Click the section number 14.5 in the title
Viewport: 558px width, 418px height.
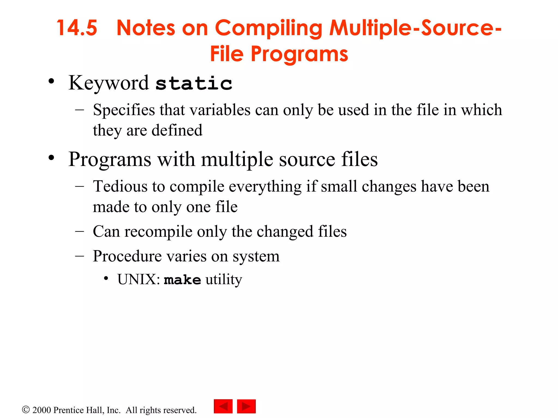pyautogui.click(x=77, y=28)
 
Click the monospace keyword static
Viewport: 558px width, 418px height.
pyautogui.click(x=194, y=83)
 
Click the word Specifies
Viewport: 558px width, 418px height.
pyautogui.click(x=124, y=110)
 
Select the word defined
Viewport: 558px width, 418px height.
pyautogui.click(x=177, y=130)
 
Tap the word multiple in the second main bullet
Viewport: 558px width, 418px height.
pyautogui.click(x=237, y=159)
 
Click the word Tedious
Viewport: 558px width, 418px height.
pyautogui.click(x=120, y=186)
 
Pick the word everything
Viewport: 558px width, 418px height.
pyautogui.click(x=265, y=187)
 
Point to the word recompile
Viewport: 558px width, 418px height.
pyautogui.click(x=158, y=232)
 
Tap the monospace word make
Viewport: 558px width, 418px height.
pyautogui.click(x=182, y=280)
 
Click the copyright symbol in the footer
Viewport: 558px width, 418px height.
pyautogui.click(x=26, y=410)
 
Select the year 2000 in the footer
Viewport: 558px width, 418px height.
pyautogui.click(x=41, y=410)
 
